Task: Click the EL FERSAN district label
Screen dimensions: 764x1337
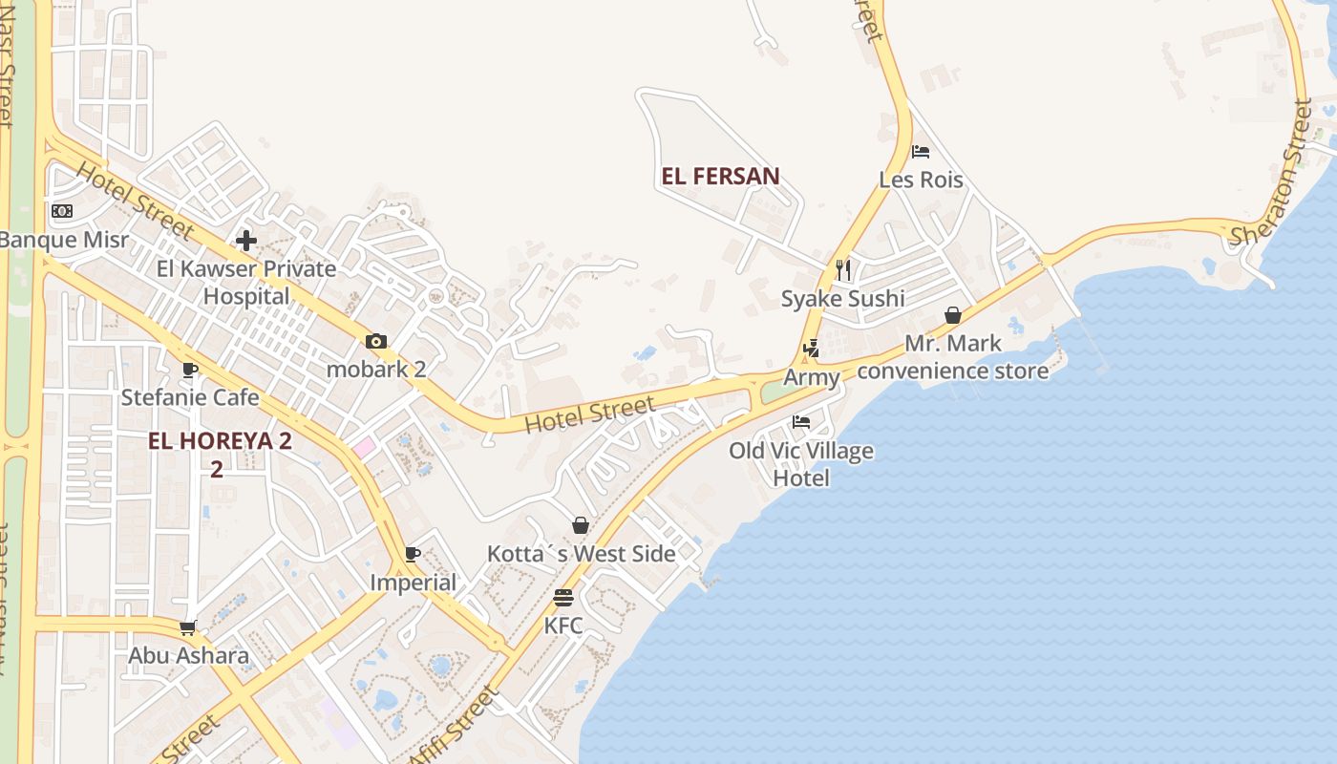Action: pyautogui.click(x=720, y=176)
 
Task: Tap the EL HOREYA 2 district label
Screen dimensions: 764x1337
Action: pyautogui.click(x=220, y=442)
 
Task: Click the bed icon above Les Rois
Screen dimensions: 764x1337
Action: pyautogui.click(x=921, y=152)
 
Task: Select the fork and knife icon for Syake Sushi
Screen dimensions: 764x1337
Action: pyautogui.click(x=842, y=270)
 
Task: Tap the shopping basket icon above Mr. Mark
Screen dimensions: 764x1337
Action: pyautogui.click(x=952, y=315)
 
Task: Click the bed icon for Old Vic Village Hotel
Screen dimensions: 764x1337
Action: pyautogui.click(x=801, y=422)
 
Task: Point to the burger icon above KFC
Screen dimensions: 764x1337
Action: pyautogui.click(x=563, y=598)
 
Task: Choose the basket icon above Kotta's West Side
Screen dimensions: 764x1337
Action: pyautogui.click(x=580, y=525)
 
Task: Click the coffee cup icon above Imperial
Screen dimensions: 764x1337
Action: pyautogui.click(x=413, y=554)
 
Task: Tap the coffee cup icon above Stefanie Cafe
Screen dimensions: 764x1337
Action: pyautogui.click(x=190, y=369)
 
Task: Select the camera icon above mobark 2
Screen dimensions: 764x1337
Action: pyautogui.click(x=376, y=341)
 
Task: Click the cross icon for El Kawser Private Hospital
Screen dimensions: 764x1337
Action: pyautogui.click(x=246, y=241)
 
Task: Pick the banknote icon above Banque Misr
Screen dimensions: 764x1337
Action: pyautogui.click(x=62, y=211)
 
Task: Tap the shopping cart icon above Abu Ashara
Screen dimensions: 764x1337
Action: pyautogui.click(x=188, y=627)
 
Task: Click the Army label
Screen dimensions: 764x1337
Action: pyautogui.click(x=811, y=377)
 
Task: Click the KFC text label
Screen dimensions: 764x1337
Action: pyautogui.click(x=563, y=626)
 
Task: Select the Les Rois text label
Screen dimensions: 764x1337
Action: pyautogui.click(x=921, y=180)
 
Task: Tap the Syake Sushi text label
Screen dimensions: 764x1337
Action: pyautogui.click(x=842, y=299)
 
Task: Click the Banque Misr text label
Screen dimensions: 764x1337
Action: pyautogui.click(x=63, y=239)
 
